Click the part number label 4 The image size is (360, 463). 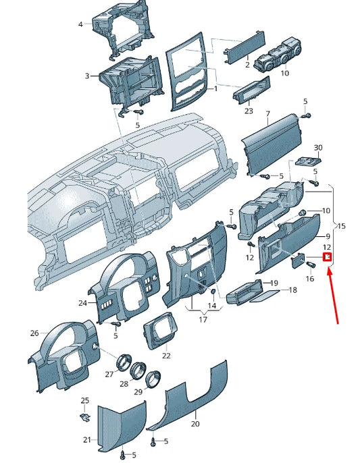point(80,24)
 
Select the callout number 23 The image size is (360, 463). point(249,111)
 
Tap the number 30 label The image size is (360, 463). point(318,147)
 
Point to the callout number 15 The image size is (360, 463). point(341,225)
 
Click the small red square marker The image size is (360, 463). point(328,257)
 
